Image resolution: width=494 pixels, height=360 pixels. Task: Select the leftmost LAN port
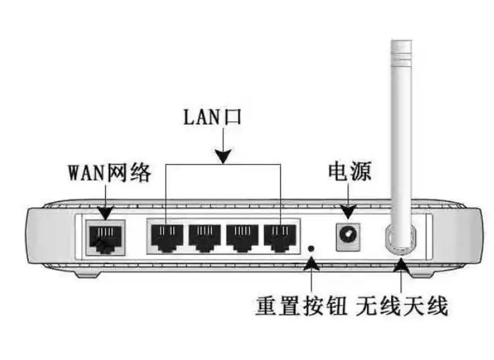[x=167, y=238]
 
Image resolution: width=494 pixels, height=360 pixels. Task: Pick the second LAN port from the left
[x=205, y=238]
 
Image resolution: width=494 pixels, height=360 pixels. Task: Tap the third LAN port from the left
[x=242, y=238]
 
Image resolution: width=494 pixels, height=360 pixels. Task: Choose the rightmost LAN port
[x=280, y=238]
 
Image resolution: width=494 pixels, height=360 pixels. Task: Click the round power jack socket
[x=348, y=236]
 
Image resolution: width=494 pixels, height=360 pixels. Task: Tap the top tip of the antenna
[x=402, y=41]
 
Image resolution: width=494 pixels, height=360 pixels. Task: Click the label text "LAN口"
[x=213, y=117]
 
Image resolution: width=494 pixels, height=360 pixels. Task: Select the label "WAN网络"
[x=110, y=173]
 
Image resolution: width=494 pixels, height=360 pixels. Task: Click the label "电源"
[x=350, y=171]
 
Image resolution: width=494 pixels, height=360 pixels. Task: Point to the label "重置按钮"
[x=301, y=306]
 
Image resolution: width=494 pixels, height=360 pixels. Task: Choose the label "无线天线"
[x=402, y=306]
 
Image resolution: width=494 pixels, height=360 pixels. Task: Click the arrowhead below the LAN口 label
[x=223, y=157]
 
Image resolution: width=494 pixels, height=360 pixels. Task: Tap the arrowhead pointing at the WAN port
[x=106, y=213]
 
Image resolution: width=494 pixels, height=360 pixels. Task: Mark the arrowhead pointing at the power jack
[x=348, y=211]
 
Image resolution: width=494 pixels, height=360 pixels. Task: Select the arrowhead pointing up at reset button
[x=312, y=264]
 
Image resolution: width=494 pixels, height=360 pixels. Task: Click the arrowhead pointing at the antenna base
[x=401, y=265]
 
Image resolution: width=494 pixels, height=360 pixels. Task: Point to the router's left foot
[x=88, y=273]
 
